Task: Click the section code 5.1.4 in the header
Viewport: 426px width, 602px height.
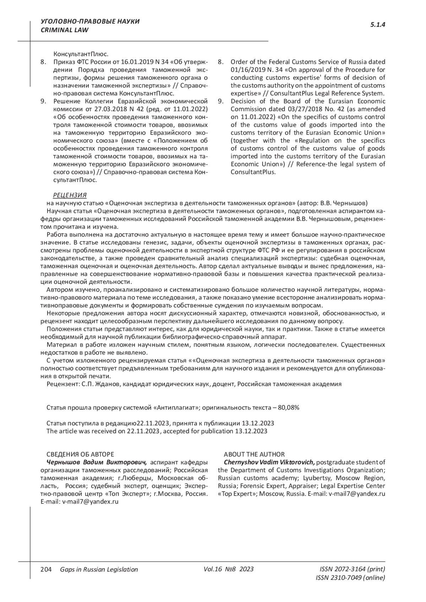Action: pyautogui.click(x=378, y=25)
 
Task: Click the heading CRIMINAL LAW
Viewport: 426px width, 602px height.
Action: pyautogui.click(x=65, y=30)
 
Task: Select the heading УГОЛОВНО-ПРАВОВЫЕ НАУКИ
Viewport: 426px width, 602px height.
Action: pyautogui.click(x=90, y=22)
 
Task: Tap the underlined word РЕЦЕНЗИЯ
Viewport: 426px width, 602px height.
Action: pyautogui.click(x=70, y=195)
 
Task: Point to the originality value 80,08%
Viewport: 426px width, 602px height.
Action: pyautogui.click(x=289, y=408)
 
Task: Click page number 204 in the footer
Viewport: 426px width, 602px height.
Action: pyautogui.click(x=46, y=569)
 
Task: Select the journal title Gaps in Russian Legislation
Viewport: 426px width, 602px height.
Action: pyautogui.click(x=99, y=570)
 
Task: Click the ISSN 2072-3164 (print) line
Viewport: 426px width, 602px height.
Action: pyautogui.click(x=352, y=569)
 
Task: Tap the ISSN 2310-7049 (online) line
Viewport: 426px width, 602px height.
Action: pyautogui.click(x=350, y=578)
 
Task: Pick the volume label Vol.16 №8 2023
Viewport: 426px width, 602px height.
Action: pyautogui.click(x=229, y=569)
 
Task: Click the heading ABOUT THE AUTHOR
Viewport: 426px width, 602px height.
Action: pyautogui.click(x=254, y=454)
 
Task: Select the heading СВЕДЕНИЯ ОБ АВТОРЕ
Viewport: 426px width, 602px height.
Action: pyautogui.click(x=80, y=454)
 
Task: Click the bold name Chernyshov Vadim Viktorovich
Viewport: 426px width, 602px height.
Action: pyautogui.click(x=269, y=462)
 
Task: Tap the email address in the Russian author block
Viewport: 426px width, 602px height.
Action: pyautogui.click(x=90, y=502)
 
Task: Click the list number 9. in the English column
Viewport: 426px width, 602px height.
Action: pyautogui.click(x=220, y=101)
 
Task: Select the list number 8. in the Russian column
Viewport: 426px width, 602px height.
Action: pyautogui.click(x=43, y=62)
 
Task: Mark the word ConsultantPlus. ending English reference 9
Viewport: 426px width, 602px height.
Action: pyautogui.click(x=253, y=172)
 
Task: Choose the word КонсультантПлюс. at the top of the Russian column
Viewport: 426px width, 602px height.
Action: pyautogui.click(x=81, y=54)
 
